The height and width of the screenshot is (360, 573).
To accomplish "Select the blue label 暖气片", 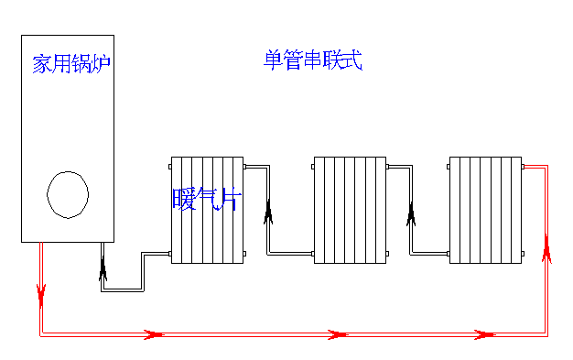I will [x=205, y=199].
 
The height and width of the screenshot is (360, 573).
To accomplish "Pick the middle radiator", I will [x=350, y=210].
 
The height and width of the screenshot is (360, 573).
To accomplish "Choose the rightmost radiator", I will [x=485, y=210].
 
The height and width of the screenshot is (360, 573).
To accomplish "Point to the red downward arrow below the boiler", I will [x=41, y=293].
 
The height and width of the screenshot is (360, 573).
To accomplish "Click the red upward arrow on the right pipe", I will [x=546, y=247].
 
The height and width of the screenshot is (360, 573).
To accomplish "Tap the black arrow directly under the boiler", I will [x=103, y=267].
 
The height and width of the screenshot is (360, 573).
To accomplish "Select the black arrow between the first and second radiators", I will [x=269, y=213].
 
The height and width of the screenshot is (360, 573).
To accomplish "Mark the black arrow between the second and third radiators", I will [x=411, y=214].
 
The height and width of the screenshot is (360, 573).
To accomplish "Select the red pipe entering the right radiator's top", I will [x=535, y=166].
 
